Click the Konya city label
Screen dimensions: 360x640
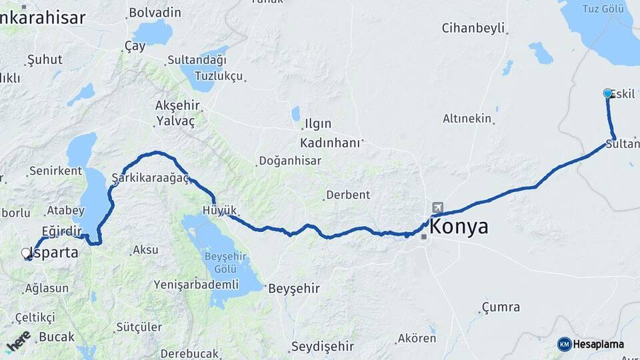[x=459, y=227]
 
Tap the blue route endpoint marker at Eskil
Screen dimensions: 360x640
[x=607, y=94]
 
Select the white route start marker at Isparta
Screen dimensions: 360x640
[x=27, y=253]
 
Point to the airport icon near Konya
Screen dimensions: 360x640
[x=437, y=208]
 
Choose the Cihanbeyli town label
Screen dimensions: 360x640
[x=473, y=28]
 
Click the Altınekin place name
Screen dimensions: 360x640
[x=467, y=119]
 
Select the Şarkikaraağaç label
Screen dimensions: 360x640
[x=150, y=178]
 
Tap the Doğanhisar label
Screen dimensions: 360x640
[x=290, y=161]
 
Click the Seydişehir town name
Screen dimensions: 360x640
[x=323, y=347]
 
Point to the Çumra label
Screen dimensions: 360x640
[x=499, y=307]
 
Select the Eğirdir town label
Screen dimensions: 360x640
[x=61, y=231]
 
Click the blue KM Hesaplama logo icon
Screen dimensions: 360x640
[x=565, y=344]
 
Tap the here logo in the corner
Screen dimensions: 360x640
[x=18, y=341]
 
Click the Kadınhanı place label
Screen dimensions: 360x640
[x=329, y=143]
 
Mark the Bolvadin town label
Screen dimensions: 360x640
[x=155, y=12]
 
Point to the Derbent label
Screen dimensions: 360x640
[x=347, y=195]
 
